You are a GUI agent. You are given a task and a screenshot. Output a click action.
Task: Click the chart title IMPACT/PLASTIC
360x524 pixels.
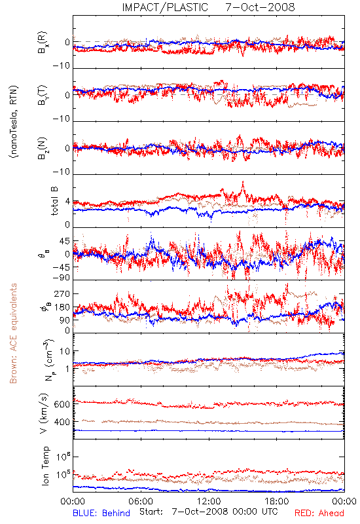click(165, 7)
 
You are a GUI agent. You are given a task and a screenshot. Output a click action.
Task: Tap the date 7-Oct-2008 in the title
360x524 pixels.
click(260, 7)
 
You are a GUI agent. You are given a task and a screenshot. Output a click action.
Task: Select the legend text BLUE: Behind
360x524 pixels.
click(101, 513)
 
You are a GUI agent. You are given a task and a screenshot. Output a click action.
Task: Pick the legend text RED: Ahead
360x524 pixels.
click(319, 513)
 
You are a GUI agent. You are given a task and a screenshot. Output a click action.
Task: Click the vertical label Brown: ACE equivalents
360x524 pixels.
click(13, 333)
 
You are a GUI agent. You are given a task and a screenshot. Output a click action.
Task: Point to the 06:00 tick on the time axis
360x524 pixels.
click(141, 502)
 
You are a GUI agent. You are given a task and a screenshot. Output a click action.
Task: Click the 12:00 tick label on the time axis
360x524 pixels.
click(209, 502)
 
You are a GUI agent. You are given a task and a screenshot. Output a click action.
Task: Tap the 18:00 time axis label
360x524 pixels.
click(277, 502)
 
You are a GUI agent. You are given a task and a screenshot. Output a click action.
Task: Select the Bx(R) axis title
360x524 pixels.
click(43, 43)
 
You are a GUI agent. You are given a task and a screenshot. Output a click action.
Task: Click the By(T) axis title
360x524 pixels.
click(43, 95)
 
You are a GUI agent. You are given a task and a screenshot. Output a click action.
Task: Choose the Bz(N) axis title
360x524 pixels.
click(43, 148)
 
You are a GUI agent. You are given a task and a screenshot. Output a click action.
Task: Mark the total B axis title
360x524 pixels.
click(54, 201)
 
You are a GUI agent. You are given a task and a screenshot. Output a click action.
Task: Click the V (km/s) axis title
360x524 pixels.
click(44, 413)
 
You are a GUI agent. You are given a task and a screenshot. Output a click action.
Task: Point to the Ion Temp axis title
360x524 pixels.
click(45, 466)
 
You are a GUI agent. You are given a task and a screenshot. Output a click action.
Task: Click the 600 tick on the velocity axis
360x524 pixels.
click(62, 404)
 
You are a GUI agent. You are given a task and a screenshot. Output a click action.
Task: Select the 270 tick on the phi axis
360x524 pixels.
click(62, 294)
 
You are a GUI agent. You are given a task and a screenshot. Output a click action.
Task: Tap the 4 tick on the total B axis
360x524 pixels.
click(68, 202)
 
